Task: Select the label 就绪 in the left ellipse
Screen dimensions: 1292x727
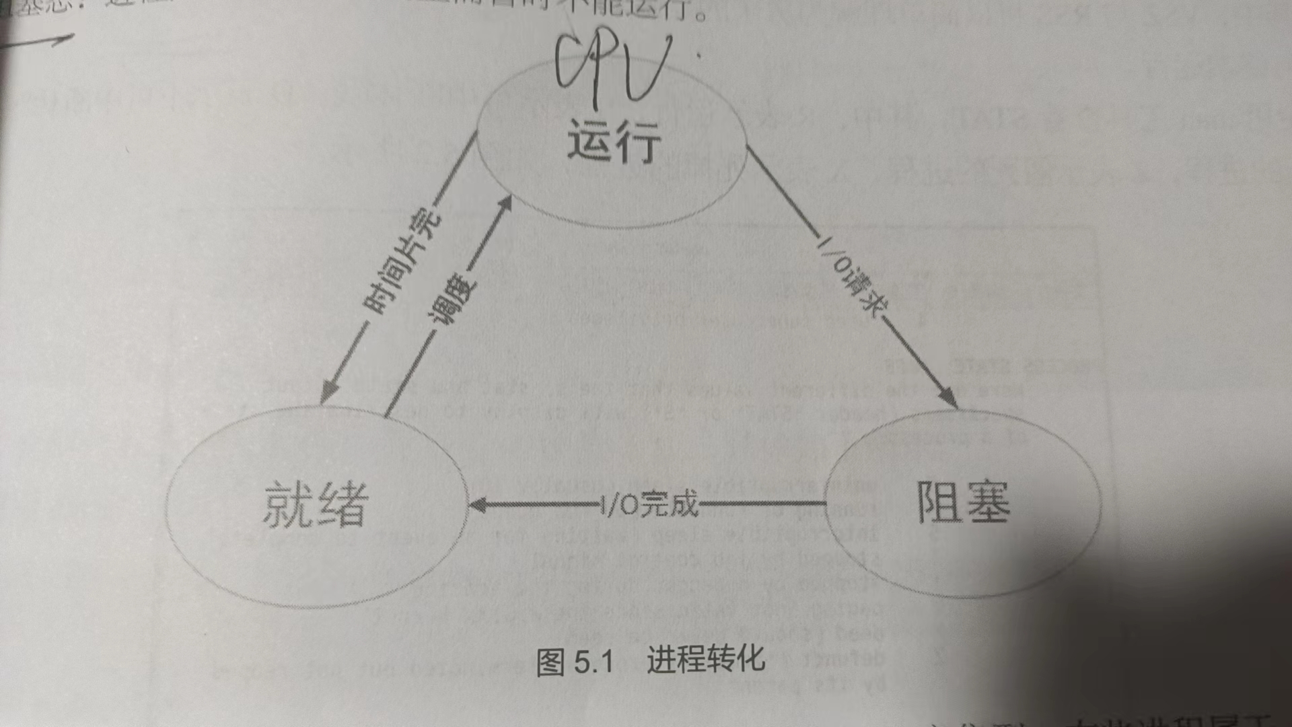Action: [316, 504]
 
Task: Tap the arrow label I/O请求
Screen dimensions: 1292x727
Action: [851, 276]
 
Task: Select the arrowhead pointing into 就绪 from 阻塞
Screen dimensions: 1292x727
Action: [476, 505]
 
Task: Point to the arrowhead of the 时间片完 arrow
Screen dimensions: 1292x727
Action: [328, 393]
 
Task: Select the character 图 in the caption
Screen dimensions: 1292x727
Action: [550, 662]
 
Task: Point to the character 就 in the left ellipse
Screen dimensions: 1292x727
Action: [288, 504]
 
